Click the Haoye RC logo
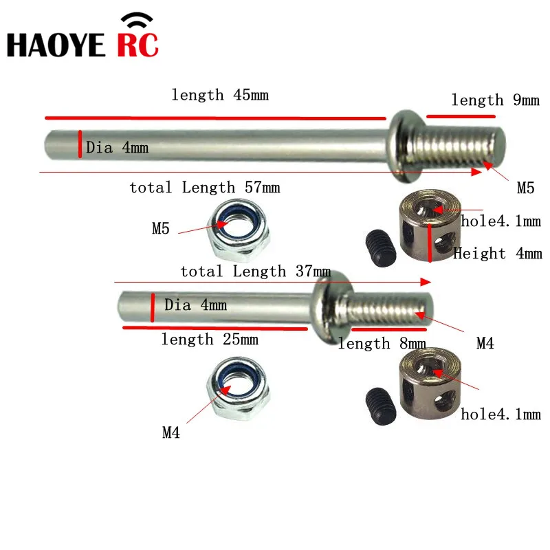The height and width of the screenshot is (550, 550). point(82,38)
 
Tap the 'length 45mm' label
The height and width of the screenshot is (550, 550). point(220,95)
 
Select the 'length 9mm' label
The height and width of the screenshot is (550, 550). point(495,100)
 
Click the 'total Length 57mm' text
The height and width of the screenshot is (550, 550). point(205,188)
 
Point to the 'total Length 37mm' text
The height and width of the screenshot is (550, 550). point(255,272)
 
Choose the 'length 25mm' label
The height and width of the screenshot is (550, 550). point(210,339)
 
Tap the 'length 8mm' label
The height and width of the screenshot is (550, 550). point(382,344)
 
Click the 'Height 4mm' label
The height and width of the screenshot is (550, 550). point(497,254)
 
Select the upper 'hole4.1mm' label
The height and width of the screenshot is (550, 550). point(500,221)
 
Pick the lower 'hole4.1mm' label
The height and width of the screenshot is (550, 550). point(500,414)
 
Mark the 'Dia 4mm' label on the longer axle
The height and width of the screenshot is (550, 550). point(117,147)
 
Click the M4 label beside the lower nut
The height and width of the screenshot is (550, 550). point(171,432)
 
